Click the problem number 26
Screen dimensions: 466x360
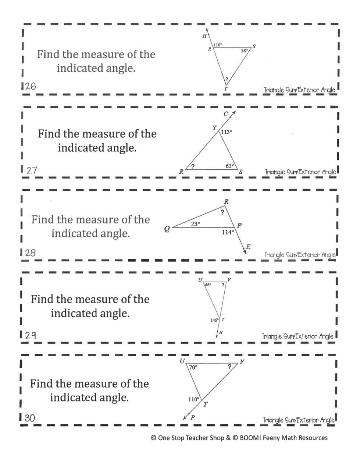30,87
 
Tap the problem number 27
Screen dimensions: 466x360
32,170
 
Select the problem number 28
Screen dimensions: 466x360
30,253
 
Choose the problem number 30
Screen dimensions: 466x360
30,418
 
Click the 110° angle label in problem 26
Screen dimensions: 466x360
218,45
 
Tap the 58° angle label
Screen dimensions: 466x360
245,51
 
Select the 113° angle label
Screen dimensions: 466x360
227,132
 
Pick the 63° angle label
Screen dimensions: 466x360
230,166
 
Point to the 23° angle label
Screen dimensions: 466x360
195,223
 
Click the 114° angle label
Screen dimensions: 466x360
227,232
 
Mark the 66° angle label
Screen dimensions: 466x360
208,285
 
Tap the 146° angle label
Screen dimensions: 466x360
215,320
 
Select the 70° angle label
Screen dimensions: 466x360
193,367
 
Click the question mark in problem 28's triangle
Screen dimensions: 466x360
222,212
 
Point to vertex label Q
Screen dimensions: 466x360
167,229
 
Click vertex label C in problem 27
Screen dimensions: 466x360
226,114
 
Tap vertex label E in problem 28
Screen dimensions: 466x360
248,247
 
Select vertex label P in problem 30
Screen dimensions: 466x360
192,417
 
